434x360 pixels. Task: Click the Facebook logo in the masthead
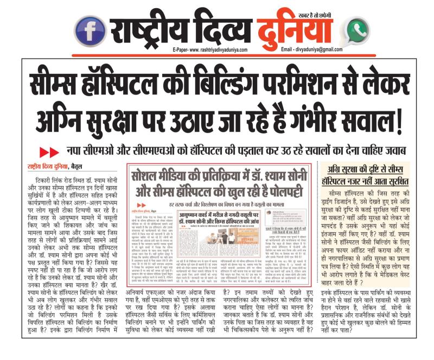(90, 31)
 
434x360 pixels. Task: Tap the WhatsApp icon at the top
(357, 31)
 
